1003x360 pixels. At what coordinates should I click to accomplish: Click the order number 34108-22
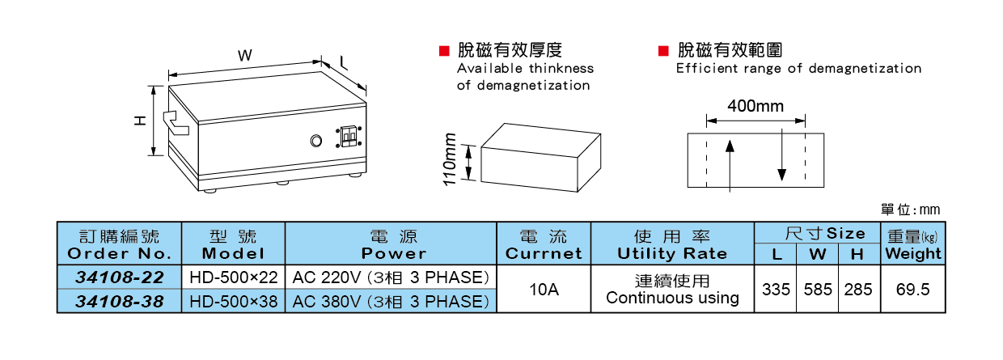[120, 277]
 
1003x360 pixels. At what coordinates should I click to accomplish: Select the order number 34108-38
[120, 302]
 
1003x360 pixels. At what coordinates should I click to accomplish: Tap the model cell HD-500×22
[234, 277]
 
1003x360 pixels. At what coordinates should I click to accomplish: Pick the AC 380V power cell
[391, 302]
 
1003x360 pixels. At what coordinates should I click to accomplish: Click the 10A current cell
[544, 290]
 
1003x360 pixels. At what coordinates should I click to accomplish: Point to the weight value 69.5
[912, 290]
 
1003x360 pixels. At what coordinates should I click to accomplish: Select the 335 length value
[777, 290]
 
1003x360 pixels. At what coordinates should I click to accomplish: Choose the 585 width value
[818, 290]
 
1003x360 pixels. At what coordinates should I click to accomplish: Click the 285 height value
[858, 290]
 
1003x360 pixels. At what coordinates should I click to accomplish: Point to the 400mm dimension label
[755, 106]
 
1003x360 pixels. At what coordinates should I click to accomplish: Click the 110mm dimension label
[451, 159]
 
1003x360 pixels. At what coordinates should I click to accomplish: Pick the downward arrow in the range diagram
[781, 159]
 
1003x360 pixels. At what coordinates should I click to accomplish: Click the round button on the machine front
[316, 141]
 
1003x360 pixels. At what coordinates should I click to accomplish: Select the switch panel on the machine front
[349, 136]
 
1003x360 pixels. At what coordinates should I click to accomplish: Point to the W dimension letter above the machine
[244, 55]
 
